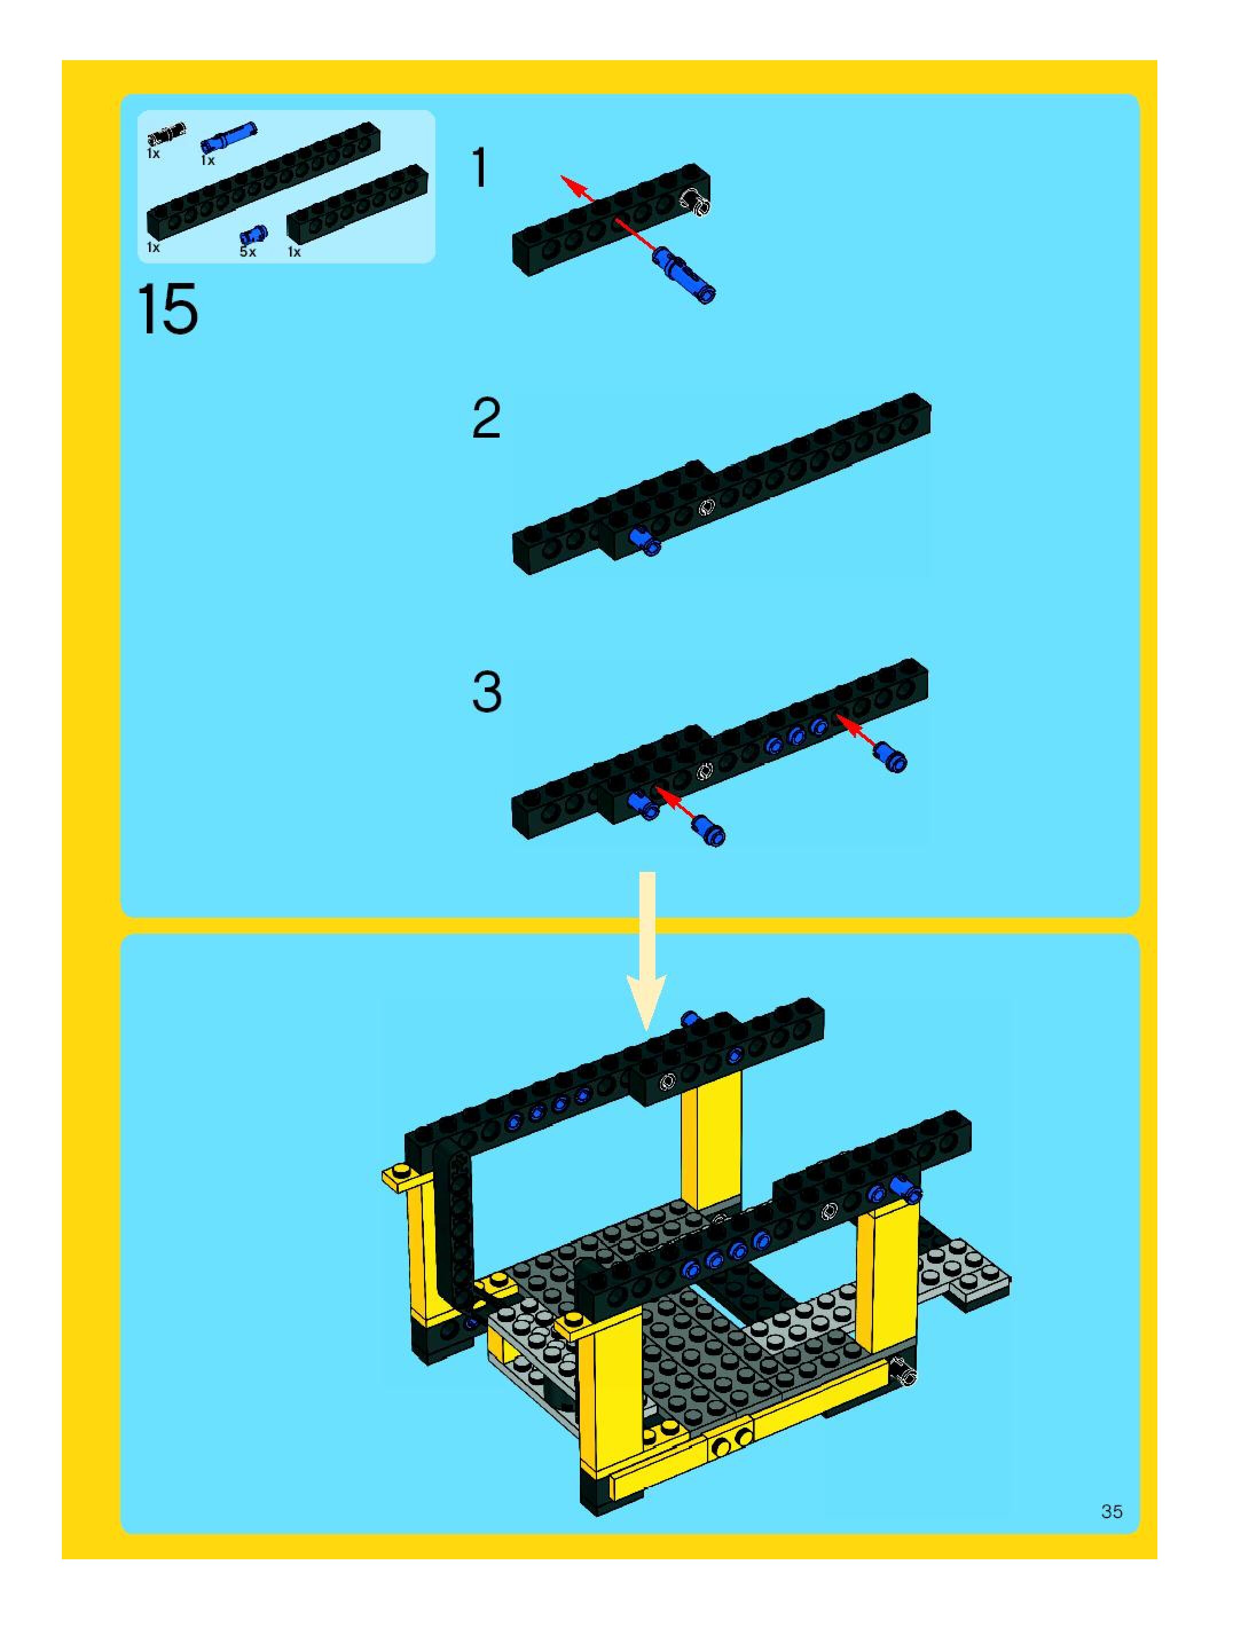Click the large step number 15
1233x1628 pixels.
click(x=168, y=309)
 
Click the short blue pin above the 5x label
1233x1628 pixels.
click(x=253, y=235)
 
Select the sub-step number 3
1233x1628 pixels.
click(x=486, y=692)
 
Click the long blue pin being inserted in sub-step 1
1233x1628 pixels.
click(x=684, y=274)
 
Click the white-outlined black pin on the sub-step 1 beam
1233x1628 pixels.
click(x=695, y=202)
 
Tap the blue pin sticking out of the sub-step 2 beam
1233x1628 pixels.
click(x=645, y=542)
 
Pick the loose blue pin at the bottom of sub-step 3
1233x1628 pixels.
click(x=708, y=832)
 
